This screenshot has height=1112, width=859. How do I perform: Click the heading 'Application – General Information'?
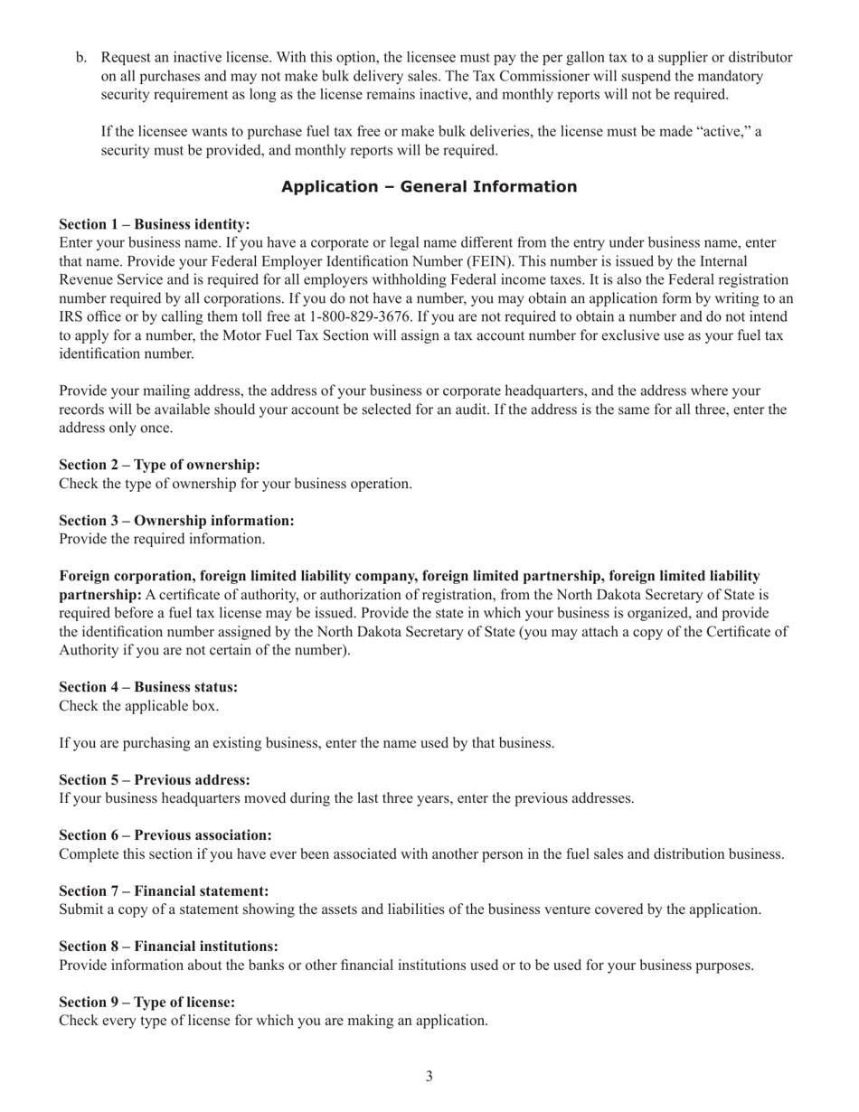click(x=429, y=187)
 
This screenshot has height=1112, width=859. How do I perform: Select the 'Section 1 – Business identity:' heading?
click(x=155, y=224)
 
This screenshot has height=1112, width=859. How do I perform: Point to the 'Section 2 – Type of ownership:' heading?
click(x=159, y=465)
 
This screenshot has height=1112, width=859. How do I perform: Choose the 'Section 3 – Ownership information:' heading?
click(x=176, y=521)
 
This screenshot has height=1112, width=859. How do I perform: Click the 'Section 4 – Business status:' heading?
click(x=148, y=687)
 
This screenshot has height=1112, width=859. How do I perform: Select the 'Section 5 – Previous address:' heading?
click(x=155, y=779)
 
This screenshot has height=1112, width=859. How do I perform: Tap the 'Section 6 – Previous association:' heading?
click(x=165, y=835)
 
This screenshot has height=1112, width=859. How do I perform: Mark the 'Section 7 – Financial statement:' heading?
click(x=164, y=891)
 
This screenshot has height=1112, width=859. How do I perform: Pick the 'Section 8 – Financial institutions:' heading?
click(x=168, y=947)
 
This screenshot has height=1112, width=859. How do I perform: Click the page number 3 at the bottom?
click(x=429, y=1076)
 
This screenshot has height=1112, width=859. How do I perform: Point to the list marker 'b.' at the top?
click(x=81, y=58)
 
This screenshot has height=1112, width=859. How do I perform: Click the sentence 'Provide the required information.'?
click(x=162, y=540)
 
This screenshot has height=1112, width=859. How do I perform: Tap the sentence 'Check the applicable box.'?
click(x=138, y=706)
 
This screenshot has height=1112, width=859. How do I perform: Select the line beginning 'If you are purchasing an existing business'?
click(x=307, y=743)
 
